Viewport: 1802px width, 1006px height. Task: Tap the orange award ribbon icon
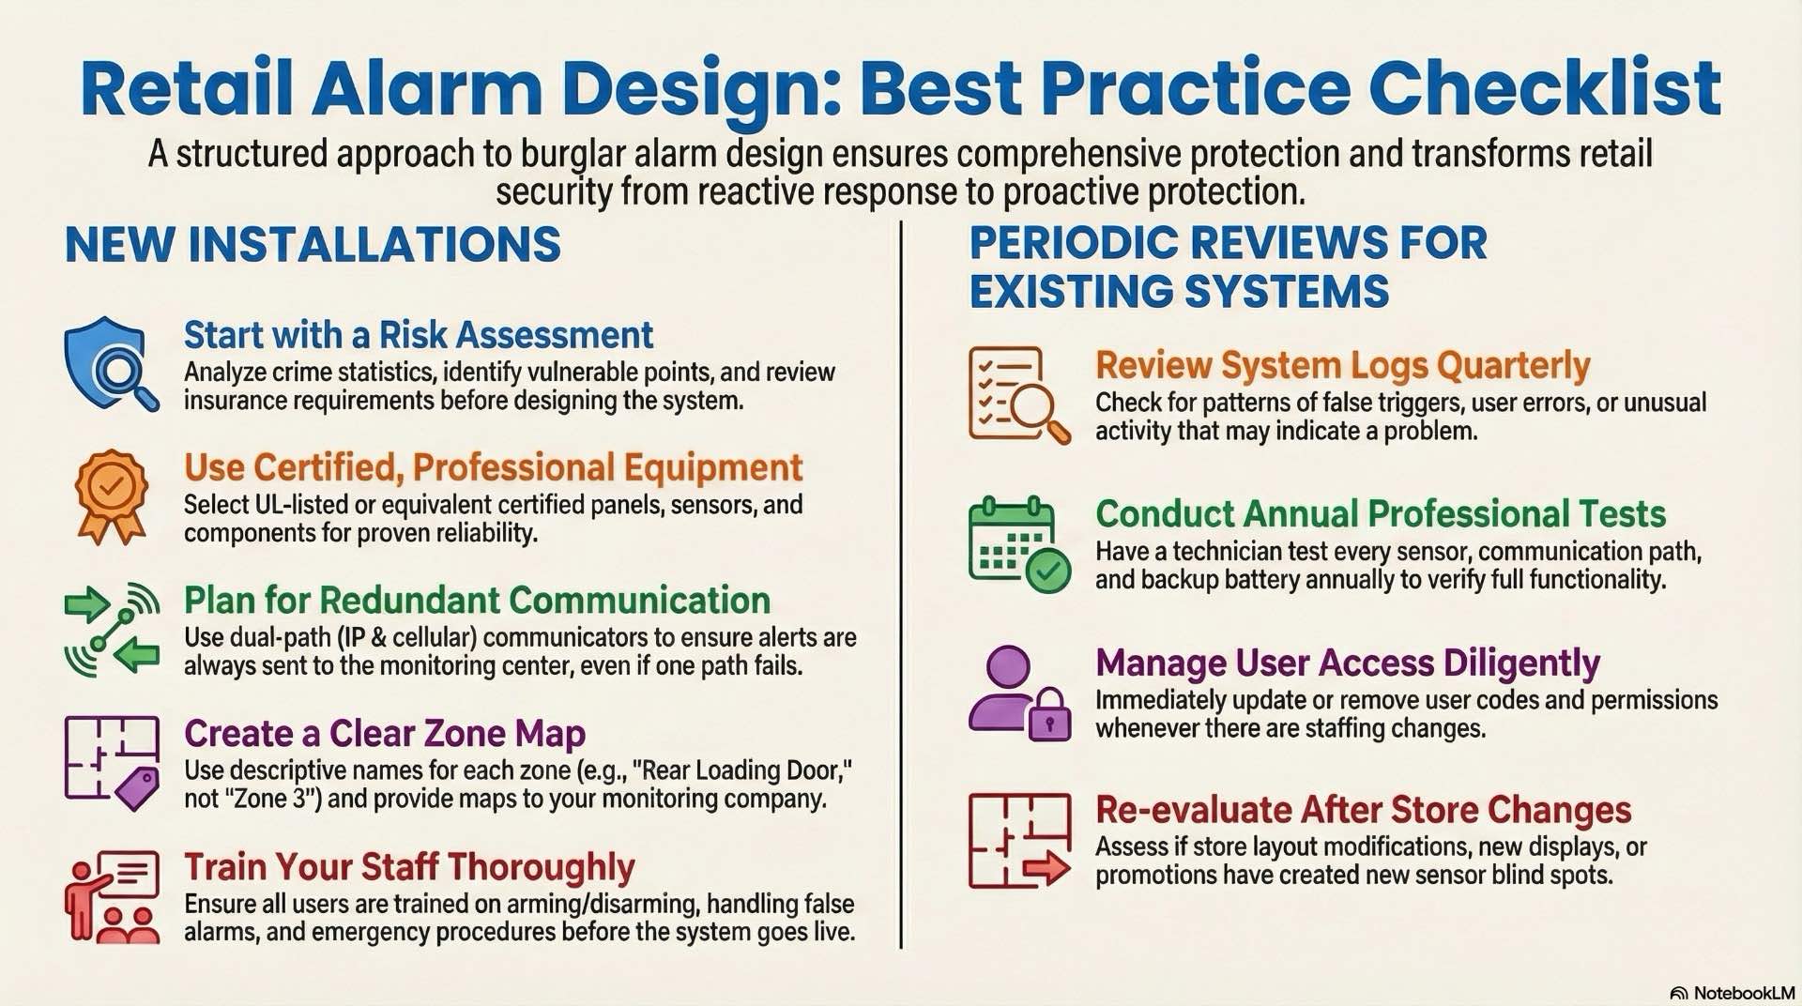point(111,495)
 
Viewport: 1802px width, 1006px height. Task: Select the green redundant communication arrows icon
point(112,629)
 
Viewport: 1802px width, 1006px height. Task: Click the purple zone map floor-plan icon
point(112,762)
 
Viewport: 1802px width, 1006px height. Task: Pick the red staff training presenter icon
point(112,896)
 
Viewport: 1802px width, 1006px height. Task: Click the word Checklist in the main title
point(1544,88)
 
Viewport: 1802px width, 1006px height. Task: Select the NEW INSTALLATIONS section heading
point(313,245)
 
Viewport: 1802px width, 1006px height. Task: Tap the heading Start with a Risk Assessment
point(418,335)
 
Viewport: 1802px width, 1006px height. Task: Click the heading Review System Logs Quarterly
point(1342,365)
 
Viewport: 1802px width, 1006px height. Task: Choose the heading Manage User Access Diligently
point(1347,663)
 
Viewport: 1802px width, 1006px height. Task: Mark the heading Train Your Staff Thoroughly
point(409,867)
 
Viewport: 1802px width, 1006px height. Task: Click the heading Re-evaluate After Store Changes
point(1363,810)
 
